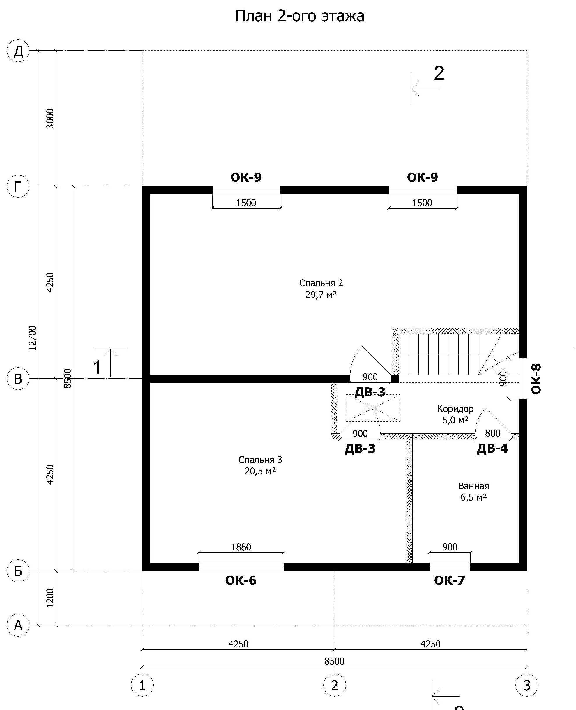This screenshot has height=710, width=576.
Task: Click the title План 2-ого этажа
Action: click(300, 16)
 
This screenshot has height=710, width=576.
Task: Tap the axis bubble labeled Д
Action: click(18, 51)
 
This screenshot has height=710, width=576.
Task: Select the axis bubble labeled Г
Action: click(18, 186)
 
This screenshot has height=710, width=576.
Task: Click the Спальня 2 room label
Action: click(321, 283)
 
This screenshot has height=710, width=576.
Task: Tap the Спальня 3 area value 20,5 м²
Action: click(260, 471)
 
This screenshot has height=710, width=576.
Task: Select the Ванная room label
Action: click(473, 486)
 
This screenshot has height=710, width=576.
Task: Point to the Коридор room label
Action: click(455, 409)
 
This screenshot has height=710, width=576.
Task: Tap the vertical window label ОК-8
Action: click(536, 379)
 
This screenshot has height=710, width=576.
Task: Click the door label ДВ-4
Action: click(492, 448)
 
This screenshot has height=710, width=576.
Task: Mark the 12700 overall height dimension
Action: click(32, 338)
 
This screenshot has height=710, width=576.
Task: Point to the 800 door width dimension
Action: click(493, 433)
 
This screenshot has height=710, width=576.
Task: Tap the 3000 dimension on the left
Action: click(50, 119)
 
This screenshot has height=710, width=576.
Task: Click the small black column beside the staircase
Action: click(395, 378)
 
